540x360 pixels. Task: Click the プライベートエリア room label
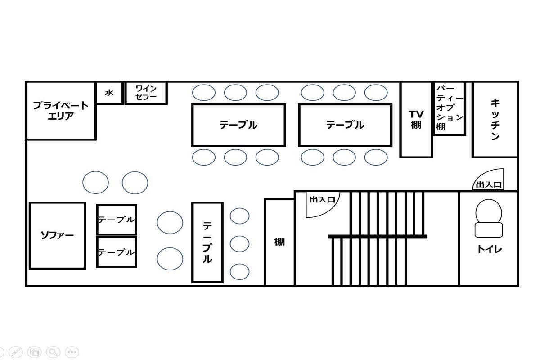(x=61, y=111)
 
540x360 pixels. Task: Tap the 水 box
(x=110, y=93)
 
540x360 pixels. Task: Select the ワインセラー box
(x=146, y=93)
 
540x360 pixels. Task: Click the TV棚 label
(x=416, y=120)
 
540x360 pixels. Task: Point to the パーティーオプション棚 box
(x=450, y=108)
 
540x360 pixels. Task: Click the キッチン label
(x=495, y=119)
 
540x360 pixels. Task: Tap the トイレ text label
(x=490, y=249)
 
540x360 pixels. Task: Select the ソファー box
(x=58, y=236)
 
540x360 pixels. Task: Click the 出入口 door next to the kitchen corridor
(x=488, y=180)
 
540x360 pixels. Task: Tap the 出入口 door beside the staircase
(x=323, y=204)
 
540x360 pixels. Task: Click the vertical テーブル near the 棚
(x=207, y=243)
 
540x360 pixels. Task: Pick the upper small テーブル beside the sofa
(x=117, y=220)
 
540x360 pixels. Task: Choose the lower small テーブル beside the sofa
(x=117, y=252)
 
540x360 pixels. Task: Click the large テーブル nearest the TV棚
(x=345, y=125)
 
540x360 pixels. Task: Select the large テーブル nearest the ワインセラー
(x=238, y=125)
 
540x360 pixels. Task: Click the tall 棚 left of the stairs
(x=279, y=242)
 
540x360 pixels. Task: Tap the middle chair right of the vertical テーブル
(x=239, y=244)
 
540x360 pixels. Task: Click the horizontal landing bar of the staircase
(x=378, y=237)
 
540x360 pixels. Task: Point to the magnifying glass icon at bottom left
(x=53, y=352)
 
